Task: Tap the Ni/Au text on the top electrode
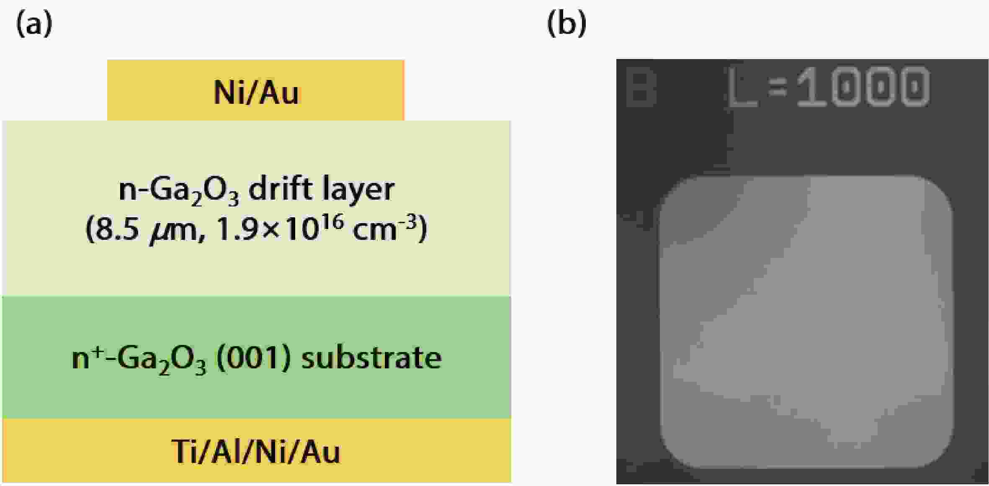tap(257, 92)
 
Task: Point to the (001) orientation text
tap(253, 358)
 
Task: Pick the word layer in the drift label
tap(358, 189)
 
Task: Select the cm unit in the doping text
tap(374, 231)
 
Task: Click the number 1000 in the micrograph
tap(863, 87)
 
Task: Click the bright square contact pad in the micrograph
tap(806, 321)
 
